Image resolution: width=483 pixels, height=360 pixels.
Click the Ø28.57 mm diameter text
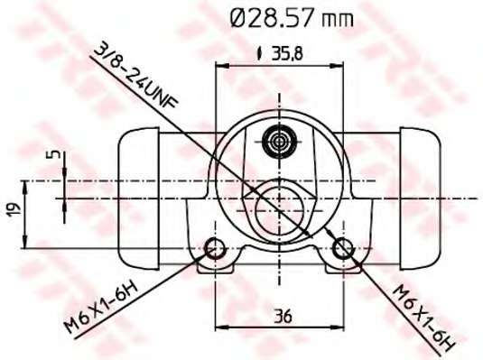point(292,18)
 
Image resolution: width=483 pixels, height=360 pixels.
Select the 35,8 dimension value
point(287,53)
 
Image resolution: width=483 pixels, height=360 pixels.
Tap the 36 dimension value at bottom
point(283,316)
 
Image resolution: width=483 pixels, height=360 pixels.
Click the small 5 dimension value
point(53,154)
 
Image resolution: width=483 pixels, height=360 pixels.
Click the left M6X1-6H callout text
point(100,308)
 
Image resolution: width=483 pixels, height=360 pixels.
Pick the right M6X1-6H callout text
point(425,318)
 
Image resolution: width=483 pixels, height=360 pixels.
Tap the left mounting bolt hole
point(216,248)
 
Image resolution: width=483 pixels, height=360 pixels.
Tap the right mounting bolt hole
point(343,248)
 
